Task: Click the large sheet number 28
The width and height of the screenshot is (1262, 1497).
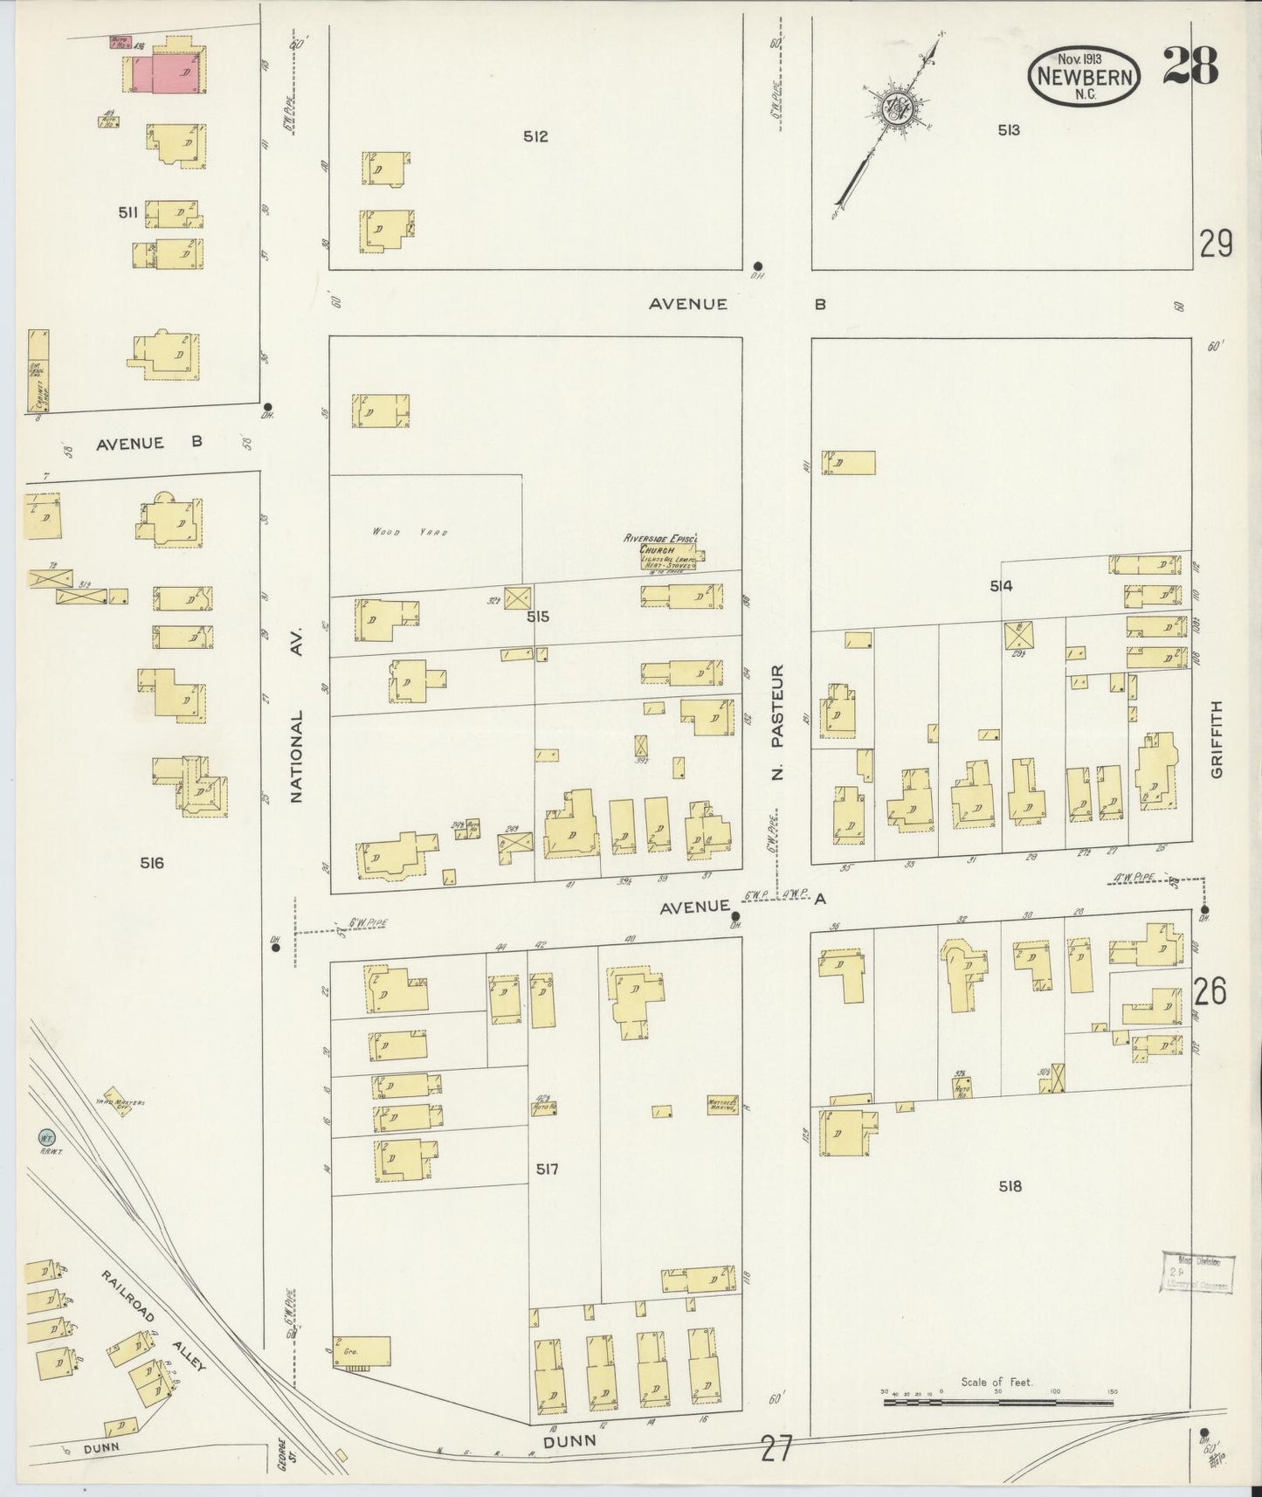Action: point(1190,67)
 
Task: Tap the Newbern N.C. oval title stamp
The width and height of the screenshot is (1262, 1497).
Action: point(1084,76)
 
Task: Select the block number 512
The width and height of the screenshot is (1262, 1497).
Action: point(535,136)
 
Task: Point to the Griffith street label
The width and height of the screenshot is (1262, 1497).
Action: point(1217,739)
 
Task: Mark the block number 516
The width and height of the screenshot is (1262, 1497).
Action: point(151,863)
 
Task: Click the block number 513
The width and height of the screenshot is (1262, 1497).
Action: point(1009,130)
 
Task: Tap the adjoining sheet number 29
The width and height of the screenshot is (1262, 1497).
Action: point(1216,244)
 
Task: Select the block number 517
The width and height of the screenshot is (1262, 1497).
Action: point(548,1169)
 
